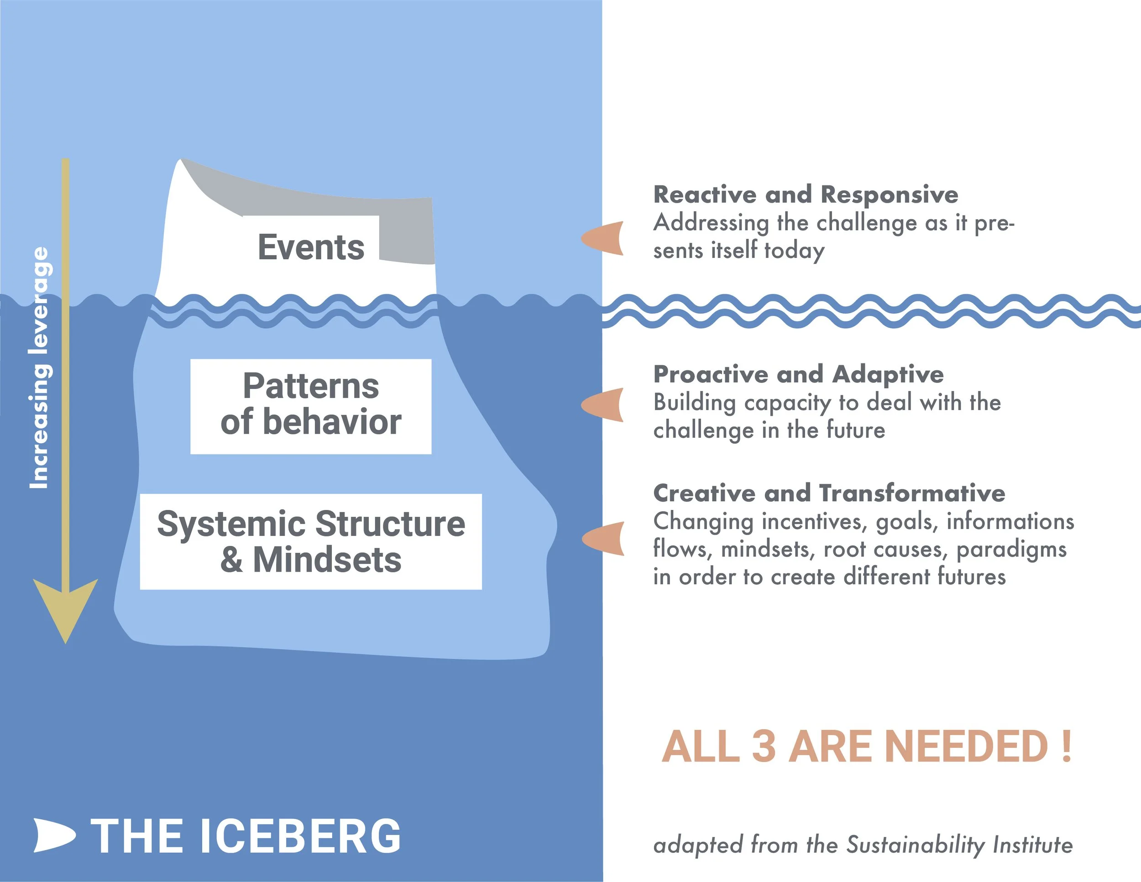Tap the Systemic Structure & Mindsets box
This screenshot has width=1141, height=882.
point(311,541)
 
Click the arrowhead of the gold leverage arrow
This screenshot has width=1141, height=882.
point(65,606)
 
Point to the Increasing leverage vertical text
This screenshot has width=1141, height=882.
point(40,368)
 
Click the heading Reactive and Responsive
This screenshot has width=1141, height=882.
point(806,195)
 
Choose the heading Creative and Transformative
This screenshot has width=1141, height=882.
point(829,493)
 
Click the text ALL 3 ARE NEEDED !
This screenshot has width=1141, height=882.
point(866,747)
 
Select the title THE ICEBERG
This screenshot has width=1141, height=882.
point(246,836)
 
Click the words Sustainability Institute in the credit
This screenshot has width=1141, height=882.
point(959,845)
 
